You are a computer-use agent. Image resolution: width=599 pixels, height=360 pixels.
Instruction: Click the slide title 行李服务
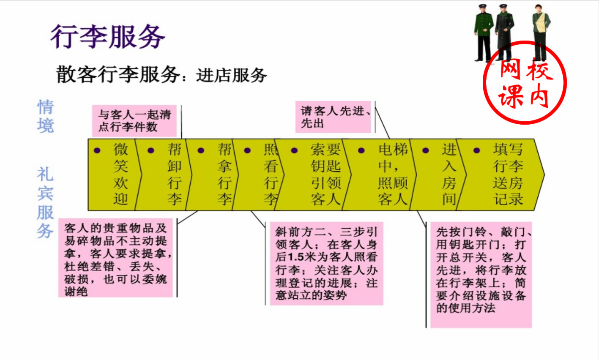pos(108,37)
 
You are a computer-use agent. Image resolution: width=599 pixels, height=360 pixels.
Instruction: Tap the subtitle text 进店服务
pos(231,76)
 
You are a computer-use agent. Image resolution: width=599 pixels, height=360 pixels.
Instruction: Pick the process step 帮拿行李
pos(224,174)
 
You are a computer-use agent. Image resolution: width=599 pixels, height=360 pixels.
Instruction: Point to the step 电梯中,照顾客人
pos(393,174)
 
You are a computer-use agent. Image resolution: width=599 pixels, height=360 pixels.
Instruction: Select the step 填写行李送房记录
pos(507,174)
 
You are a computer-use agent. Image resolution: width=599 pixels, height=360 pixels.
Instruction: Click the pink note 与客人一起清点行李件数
pos(134,120)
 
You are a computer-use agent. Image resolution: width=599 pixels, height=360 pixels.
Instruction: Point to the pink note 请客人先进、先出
pos(333,117)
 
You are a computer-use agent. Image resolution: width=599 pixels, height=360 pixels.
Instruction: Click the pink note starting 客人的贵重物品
pos(116,258)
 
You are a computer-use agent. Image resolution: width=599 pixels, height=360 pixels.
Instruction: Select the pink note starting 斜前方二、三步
pos(326,263)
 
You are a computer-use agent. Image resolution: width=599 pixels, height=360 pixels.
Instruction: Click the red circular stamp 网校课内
pos(525,82)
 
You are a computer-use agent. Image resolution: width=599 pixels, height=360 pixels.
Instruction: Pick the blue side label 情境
pos(46,116)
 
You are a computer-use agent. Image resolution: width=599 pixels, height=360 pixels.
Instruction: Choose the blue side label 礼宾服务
pos(45,203)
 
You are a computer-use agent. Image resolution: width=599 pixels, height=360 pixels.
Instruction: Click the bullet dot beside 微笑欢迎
pos(97,150)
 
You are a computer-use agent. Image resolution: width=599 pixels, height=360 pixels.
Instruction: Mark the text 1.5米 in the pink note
pos(302,257)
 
